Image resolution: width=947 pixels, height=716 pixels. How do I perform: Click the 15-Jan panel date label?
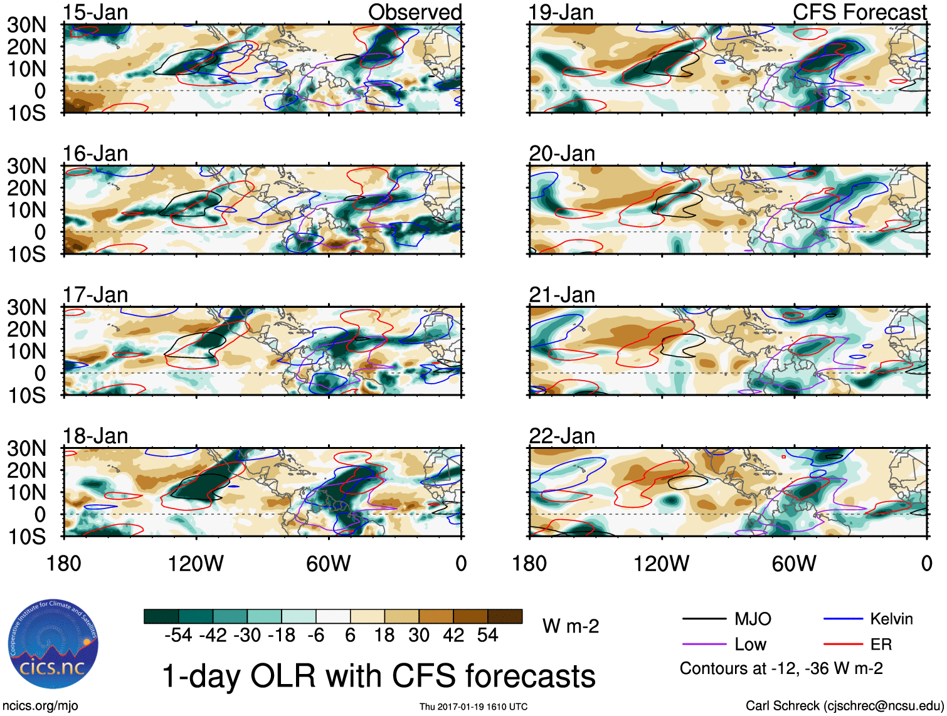(95, 12)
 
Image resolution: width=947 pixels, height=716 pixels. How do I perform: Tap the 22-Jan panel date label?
(562, 436)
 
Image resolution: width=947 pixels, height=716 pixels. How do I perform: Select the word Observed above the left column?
(415, 12)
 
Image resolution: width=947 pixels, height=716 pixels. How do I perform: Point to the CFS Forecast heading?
(859, 12)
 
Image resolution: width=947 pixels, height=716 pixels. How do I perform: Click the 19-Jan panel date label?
(561, 12)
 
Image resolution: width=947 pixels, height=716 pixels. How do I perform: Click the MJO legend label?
(753, 619)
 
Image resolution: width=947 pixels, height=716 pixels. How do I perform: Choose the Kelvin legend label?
(891, 619)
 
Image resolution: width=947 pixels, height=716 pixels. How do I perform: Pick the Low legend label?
(750, 645)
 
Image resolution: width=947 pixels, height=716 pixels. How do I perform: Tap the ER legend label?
(881, 645)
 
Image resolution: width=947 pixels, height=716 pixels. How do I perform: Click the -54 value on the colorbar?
(178, 636)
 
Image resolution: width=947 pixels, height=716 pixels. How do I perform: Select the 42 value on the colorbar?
(453, 636)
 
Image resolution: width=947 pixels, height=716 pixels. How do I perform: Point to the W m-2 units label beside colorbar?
(570, 626)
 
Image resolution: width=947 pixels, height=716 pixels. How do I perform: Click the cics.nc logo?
(53, 645)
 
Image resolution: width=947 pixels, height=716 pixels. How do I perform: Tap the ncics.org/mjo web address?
(40, 706)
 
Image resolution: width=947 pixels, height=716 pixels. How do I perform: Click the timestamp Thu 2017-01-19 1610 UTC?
(473, 707)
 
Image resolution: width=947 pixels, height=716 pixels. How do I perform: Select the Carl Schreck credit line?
(844, 706)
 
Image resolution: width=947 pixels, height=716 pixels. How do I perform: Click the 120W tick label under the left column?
(196, 564)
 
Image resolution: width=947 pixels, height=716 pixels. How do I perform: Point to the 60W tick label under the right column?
(794, 564)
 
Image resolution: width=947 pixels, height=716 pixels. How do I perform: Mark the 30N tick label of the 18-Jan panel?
(26, 449)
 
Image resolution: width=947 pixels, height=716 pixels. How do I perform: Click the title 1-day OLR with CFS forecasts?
(379, 677)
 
